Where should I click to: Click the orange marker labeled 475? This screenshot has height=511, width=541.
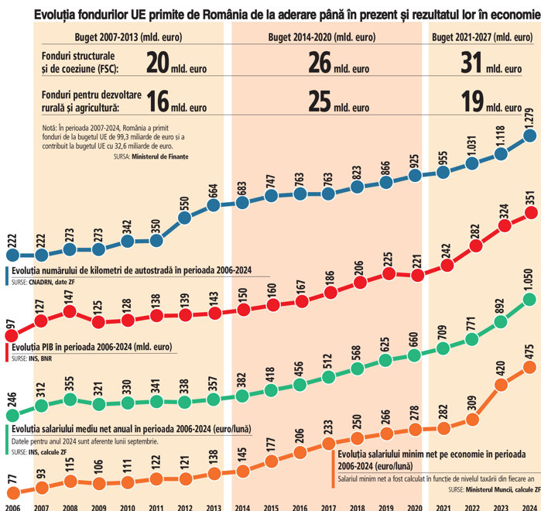point(529,366)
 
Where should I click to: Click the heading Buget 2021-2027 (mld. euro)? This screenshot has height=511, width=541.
point(481,37)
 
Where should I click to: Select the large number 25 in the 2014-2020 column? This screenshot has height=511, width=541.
point(320,101)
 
